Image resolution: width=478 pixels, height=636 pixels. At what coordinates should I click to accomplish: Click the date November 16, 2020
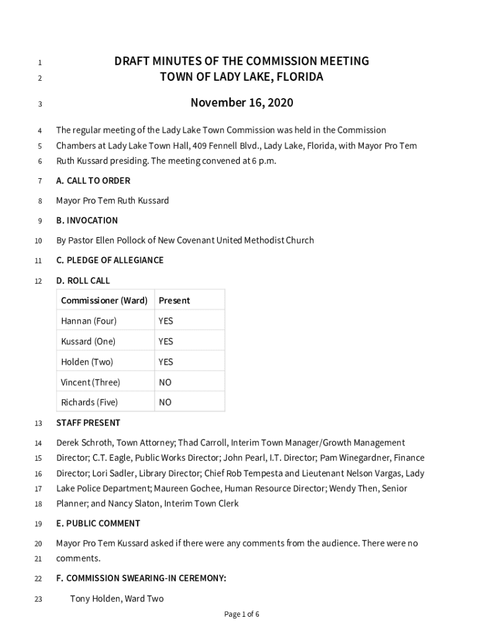coord(241,102)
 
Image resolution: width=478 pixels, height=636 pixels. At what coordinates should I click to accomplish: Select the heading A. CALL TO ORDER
coord(93,181)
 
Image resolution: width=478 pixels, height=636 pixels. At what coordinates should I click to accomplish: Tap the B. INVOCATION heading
coord(87,220)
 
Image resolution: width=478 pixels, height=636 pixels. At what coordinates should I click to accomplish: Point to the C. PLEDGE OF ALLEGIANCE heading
coord(110,260)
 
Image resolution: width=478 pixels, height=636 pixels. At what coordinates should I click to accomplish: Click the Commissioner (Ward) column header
coord(104,301)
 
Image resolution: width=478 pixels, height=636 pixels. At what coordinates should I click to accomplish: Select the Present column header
coord(174,301)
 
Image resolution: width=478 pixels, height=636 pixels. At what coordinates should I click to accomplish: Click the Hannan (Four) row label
coord(89,321)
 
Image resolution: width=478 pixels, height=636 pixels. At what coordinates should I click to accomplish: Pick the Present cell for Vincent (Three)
coord(165,383)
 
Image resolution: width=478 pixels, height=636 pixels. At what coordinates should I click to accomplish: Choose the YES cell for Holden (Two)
coord(166,362)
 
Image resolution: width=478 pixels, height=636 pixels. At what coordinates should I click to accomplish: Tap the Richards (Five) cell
coord(89,402)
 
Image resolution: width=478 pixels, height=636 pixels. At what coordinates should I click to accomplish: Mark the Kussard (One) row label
coord(88,342)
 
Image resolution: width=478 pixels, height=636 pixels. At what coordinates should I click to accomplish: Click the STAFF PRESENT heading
coord(88,423)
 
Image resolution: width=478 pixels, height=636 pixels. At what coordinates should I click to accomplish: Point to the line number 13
coord(38,424)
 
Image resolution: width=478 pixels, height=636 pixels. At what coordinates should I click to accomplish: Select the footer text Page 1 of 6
coord(241,614)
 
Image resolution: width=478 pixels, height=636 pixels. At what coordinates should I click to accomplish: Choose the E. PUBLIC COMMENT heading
coord(98,524)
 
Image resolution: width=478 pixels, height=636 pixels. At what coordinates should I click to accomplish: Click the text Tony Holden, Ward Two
coord(117,599)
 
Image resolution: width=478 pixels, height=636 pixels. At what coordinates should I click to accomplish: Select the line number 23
coord(38,600)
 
